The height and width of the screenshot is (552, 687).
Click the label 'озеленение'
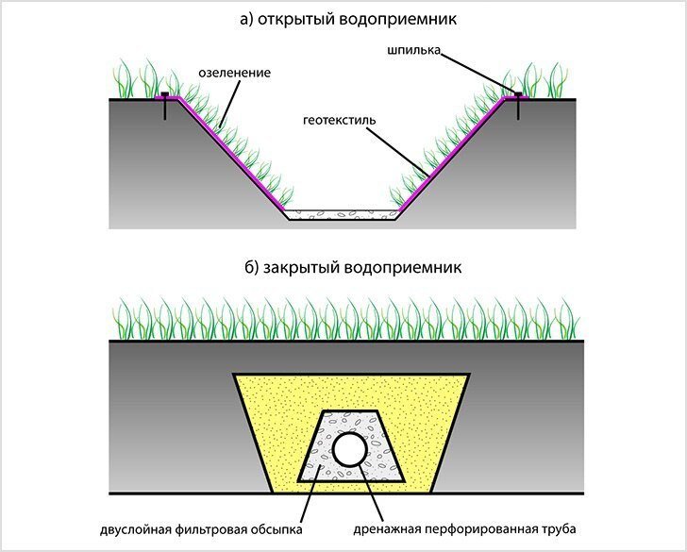pos(234,73)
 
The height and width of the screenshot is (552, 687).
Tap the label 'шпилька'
pos(413,50)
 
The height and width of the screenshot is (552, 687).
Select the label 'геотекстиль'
pos(340,120)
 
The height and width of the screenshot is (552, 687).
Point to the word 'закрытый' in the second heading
pos(301,267)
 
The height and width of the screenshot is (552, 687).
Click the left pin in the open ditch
pos(165,106)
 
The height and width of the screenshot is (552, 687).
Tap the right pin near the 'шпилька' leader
pos(518,106)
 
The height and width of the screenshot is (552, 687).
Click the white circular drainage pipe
pos(349,449)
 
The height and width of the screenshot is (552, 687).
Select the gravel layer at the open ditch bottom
pos(341,215)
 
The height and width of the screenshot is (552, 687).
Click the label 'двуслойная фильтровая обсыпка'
pos(201,529)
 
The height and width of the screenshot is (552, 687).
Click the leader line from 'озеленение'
pos(230,104)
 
